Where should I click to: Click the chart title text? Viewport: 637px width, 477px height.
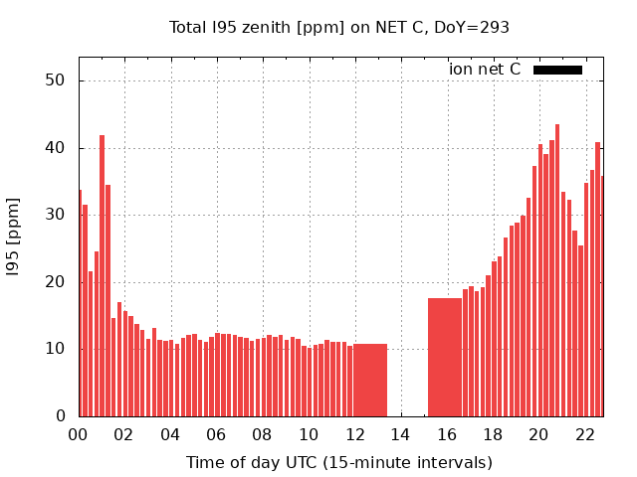coord(338,28)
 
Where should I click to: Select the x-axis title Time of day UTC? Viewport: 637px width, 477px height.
coord(338,462)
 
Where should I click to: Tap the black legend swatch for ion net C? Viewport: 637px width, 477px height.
coord(557,70)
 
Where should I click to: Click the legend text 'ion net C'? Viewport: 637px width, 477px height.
coord(485,70)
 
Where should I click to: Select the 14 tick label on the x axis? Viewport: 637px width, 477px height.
coord(400,435)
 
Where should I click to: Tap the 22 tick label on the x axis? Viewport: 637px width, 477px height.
coord(584,435)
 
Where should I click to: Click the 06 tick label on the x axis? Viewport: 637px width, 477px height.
coord(216,435)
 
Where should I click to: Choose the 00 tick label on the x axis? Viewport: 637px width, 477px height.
coord(78,435)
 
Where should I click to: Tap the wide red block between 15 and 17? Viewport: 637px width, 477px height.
coord(445,357)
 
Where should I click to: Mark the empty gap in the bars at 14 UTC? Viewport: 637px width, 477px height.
coord(407,378)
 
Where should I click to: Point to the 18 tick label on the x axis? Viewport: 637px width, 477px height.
coord(493,435)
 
